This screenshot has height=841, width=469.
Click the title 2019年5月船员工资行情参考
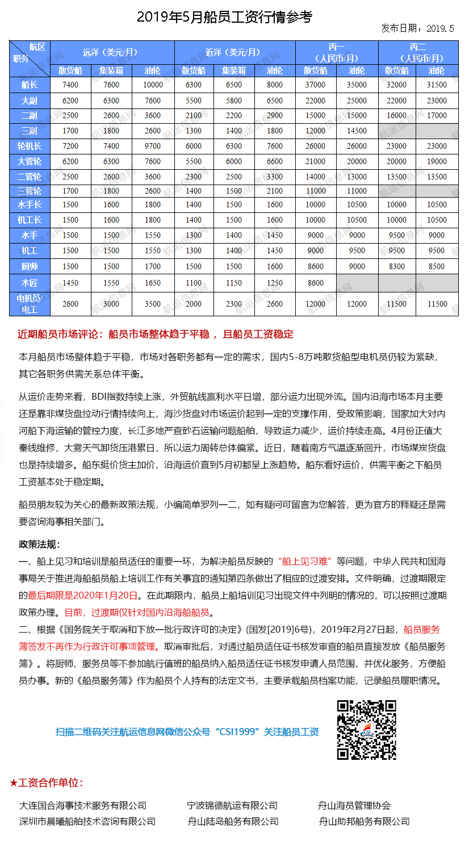224,16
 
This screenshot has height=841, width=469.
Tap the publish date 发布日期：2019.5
417,28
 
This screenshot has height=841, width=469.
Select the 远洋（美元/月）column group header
111,52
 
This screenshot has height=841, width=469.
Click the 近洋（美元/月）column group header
234,52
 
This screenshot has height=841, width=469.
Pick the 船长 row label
30,85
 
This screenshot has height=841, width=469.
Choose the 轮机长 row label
30,147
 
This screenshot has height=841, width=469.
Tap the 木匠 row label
30,283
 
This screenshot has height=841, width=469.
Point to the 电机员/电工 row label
30,304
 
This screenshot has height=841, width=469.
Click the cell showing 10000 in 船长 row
153,85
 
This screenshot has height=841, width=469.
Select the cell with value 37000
316,85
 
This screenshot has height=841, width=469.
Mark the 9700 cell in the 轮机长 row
153,147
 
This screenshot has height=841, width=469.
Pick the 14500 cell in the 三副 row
357,131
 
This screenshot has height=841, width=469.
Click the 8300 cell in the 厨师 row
397,266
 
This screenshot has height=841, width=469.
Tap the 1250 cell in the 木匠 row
275,283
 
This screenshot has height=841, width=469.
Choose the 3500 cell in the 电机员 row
153,304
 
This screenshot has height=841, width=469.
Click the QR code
367,730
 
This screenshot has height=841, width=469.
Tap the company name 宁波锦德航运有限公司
232,805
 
